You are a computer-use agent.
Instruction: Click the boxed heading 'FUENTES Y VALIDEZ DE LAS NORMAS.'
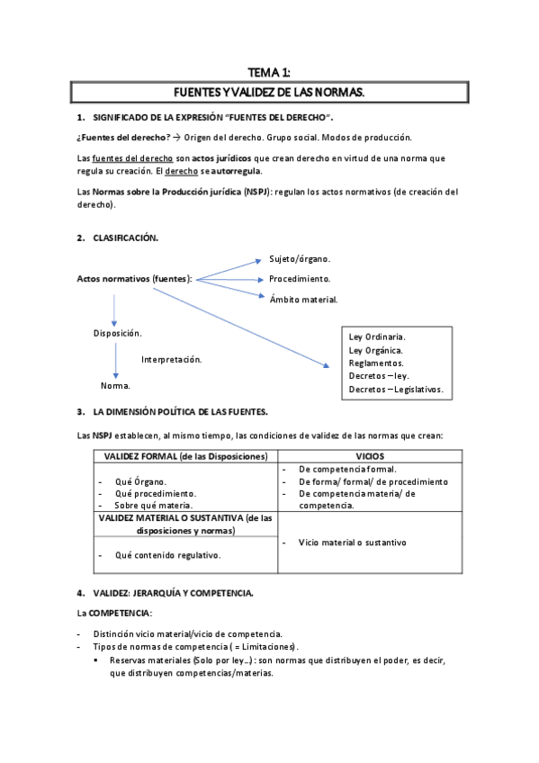[x=269, y=93]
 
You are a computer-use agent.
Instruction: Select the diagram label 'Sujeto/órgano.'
[x=300, y=259]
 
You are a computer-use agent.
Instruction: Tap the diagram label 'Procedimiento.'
[x=300, y=279]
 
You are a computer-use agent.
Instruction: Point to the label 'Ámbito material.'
[x=303, y=299]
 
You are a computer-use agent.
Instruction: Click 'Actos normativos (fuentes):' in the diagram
[x=135, y=279]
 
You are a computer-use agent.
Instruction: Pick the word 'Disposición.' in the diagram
[x=118, y=333]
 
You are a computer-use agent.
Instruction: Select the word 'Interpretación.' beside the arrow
[x=171, y=359]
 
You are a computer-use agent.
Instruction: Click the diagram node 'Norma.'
[x=115, y=385]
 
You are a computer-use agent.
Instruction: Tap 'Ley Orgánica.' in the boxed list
[x=376, y=350]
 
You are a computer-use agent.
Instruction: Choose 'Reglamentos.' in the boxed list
[x=376, y=363]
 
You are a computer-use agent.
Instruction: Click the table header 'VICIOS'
[x=370, y=456]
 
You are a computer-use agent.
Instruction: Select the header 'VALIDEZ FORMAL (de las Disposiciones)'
[x=185, y=456]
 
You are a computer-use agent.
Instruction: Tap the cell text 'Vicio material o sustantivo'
[x=352, y=543]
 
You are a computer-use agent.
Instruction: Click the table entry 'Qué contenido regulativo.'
[x=168, y=555]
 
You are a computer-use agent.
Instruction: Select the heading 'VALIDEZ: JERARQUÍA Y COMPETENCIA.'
[x=173, y=592]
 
